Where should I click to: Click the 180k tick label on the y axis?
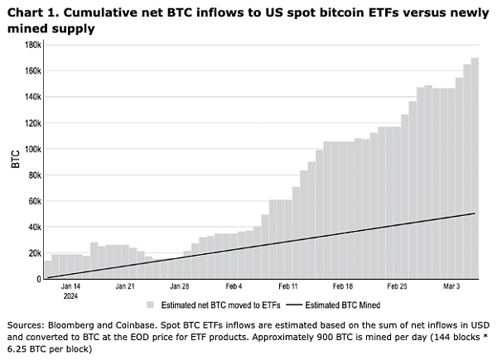(31, 45)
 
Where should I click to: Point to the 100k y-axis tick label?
(31, 149)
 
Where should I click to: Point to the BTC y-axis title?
(16, 160)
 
